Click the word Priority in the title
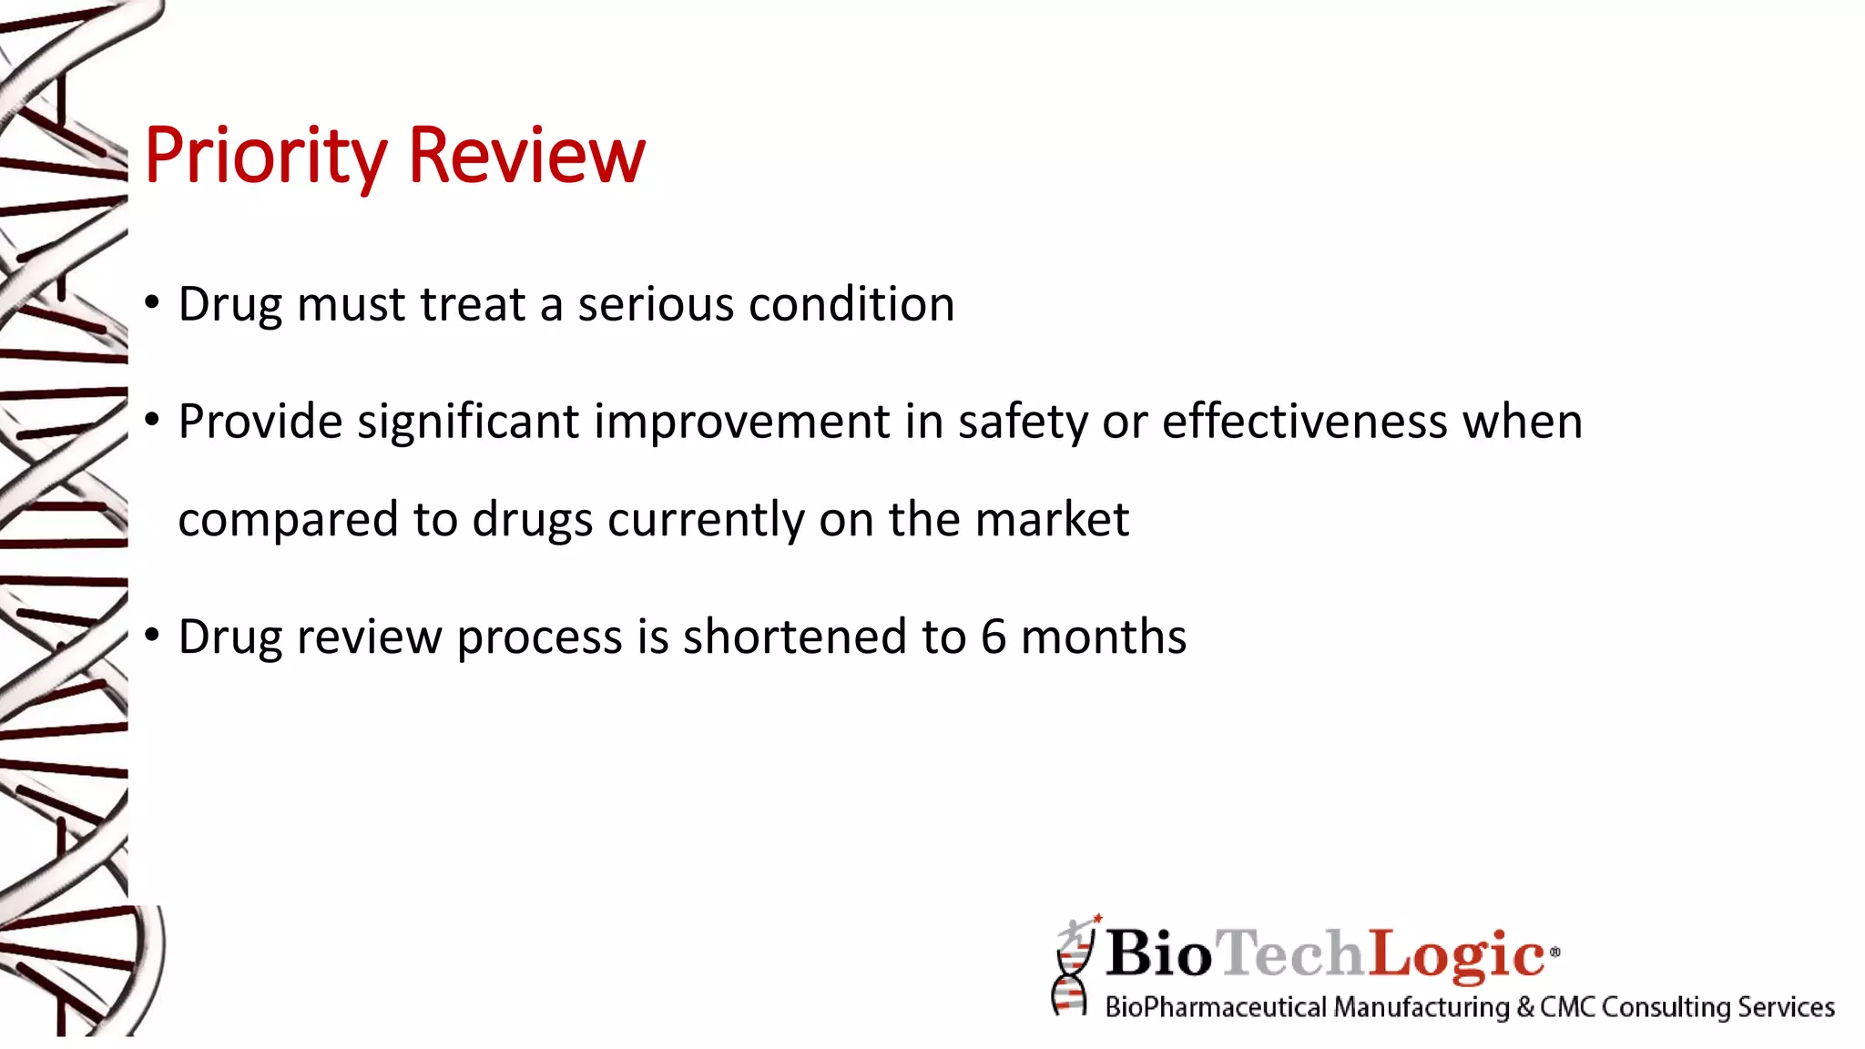coord(265,156)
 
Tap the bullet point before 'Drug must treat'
coord(152,301)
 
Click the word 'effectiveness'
coord(1304,422)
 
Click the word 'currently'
coord(705,521)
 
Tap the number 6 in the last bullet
coord(993,637)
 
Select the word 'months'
coord(1103,637)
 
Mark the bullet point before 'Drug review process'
coord(152,634)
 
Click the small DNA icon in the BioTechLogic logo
coord(1073,967)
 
